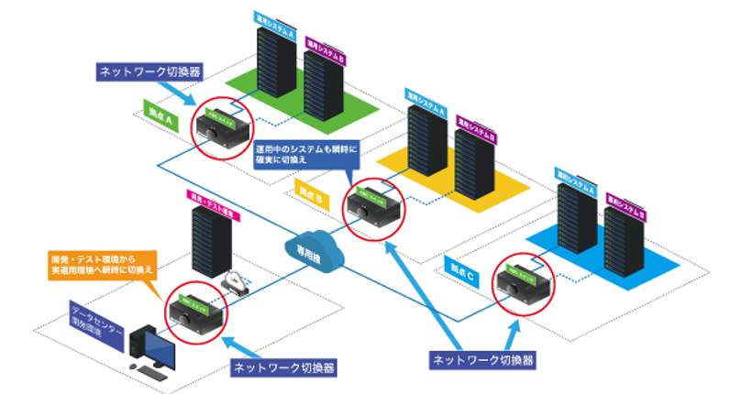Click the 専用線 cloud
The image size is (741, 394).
point(304,246)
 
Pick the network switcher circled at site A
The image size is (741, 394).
point(216,128)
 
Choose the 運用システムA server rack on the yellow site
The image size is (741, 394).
point(426,147)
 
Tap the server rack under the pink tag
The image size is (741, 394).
point(213,243)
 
